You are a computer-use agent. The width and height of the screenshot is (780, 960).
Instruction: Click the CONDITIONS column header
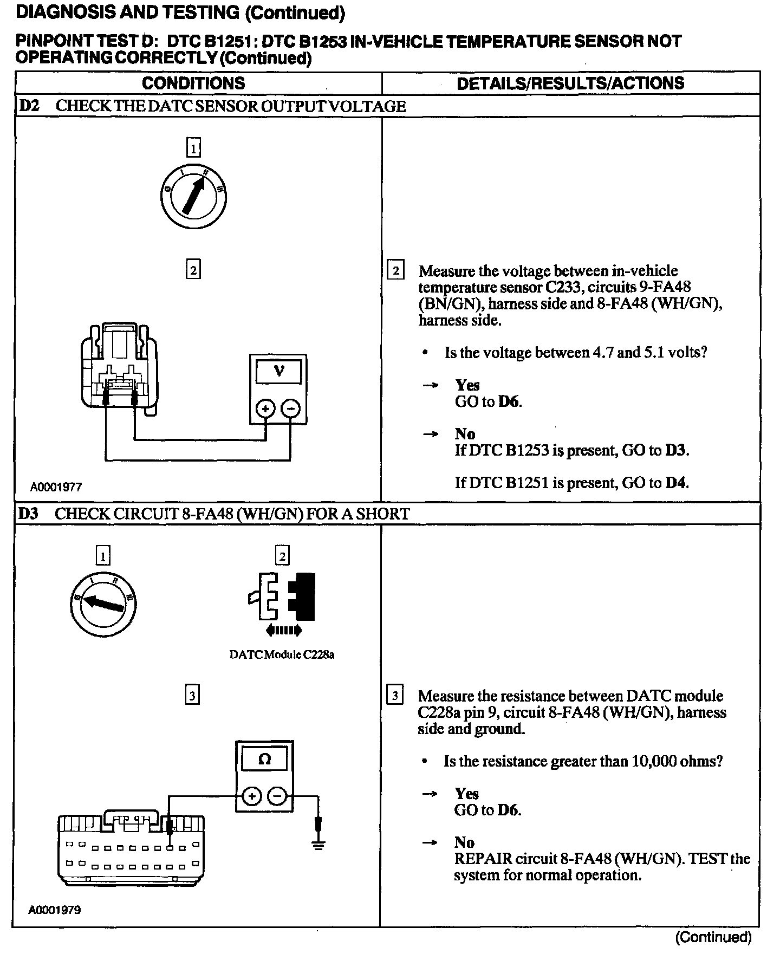click(x=193, y=83)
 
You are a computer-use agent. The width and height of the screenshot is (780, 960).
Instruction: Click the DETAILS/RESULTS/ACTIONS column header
click(x=570, y=83)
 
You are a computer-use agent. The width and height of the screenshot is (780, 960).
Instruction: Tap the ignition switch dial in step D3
click(x=103, y=604)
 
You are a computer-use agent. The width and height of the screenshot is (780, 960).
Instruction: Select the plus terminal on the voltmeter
click(x=265, y=408)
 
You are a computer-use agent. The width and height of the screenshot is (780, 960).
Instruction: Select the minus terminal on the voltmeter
click(x=291, y=408)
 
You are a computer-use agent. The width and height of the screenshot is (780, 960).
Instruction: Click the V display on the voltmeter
click(x=278, y=371)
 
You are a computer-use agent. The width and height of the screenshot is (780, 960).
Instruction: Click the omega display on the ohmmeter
click(x=264, y=759)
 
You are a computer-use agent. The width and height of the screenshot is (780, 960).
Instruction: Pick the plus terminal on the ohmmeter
click(x=251, y=796)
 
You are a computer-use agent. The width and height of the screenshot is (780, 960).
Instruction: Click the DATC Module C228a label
click(x=282, y=654)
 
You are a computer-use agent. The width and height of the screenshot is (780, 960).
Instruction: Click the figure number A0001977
click(x=56, y=487)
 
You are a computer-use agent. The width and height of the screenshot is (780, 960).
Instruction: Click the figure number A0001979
click(x=55, y=910)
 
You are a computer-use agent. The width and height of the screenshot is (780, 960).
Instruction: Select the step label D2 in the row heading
click(x=29, y=106)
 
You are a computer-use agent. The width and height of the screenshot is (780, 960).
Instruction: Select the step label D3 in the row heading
click(x=28, y=514)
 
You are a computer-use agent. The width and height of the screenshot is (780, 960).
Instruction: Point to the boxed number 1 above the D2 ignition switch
click(x=193, y=147)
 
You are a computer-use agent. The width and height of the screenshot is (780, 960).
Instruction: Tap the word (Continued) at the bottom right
click(x=713, y=937)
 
